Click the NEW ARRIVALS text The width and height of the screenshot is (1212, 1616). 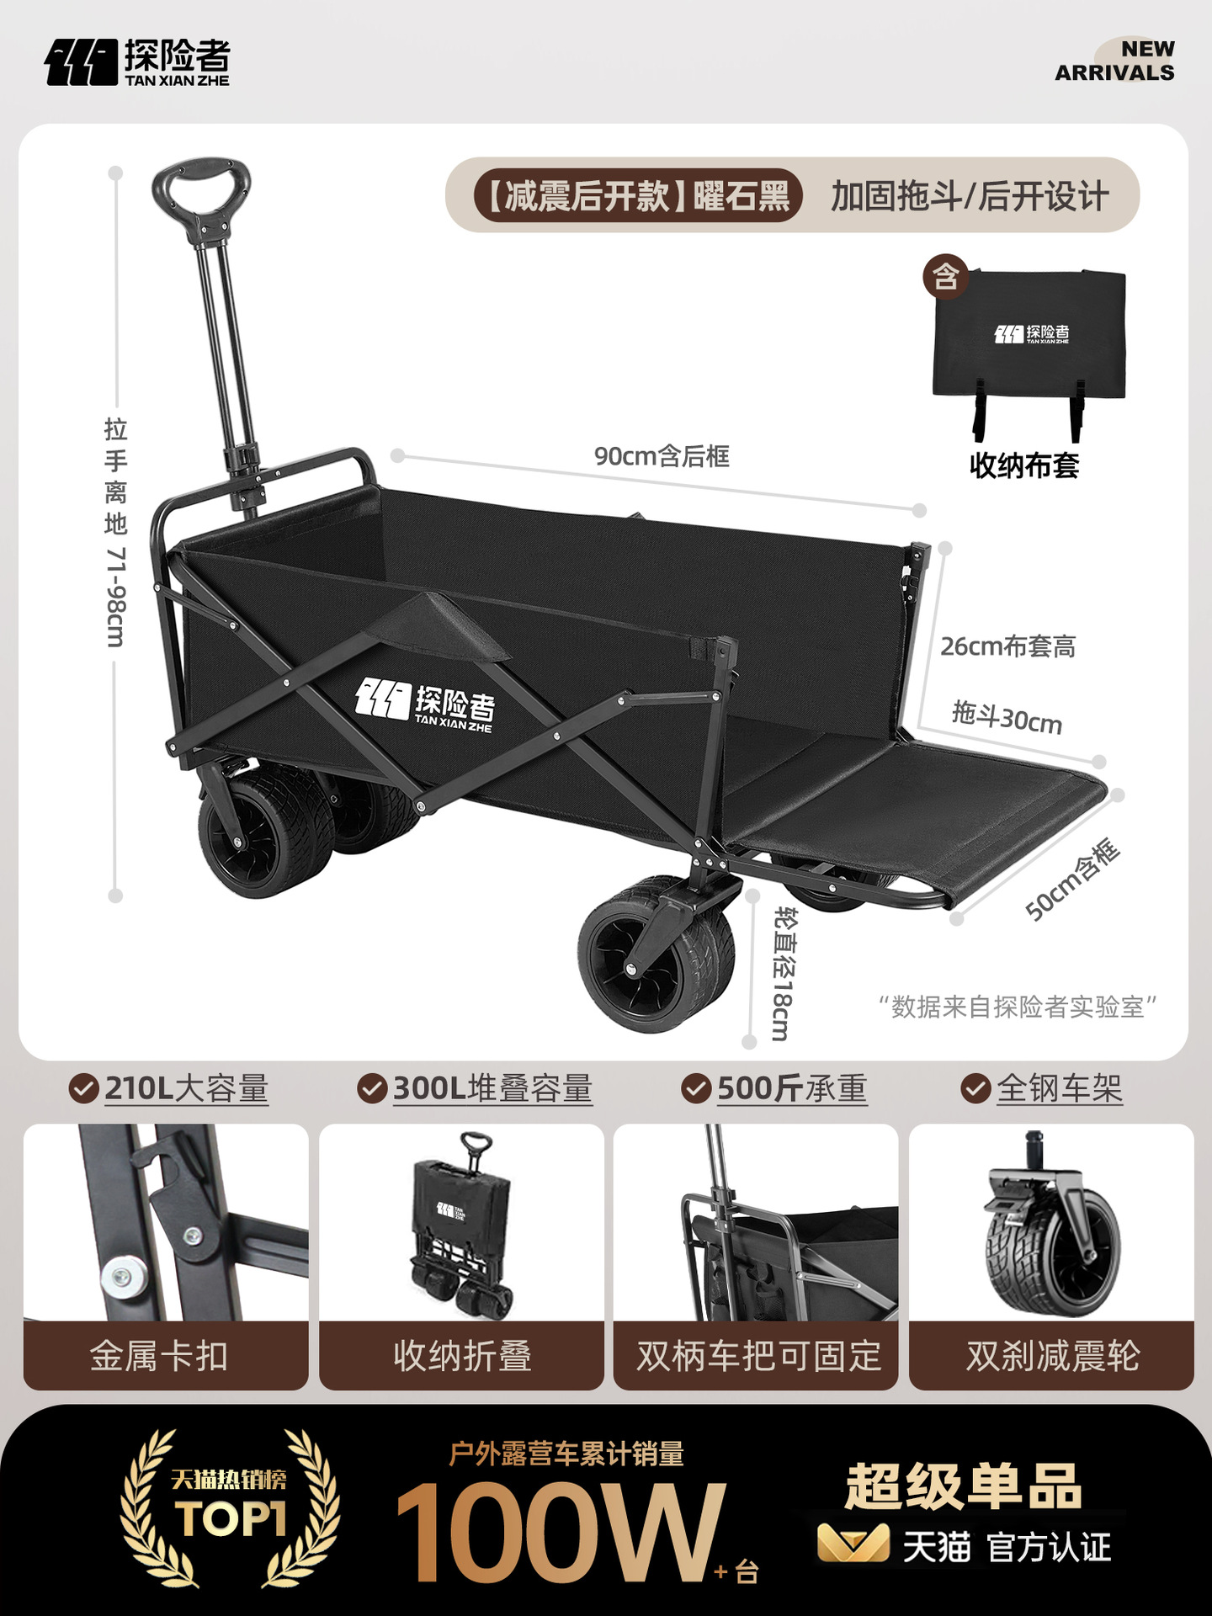1114,61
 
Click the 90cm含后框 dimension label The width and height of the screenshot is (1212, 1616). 662,456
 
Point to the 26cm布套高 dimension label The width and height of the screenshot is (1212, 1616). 1007,646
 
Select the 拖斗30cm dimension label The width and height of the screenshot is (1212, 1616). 1007,717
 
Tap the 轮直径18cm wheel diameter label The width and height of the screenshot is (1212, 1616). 782,973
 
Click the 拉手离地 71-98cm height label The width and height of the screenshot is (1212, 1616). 116,532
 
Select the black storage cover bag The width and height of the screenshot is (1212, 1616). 1029,337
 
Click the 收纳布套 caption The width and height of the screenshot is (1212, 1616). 1024,465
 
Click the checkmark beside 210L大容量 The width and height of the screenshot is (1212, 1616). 82,1088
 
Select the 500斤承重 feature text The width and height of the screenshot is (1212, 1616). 791,1088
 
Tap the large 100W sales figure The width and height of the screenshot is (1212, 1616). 559,1532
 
